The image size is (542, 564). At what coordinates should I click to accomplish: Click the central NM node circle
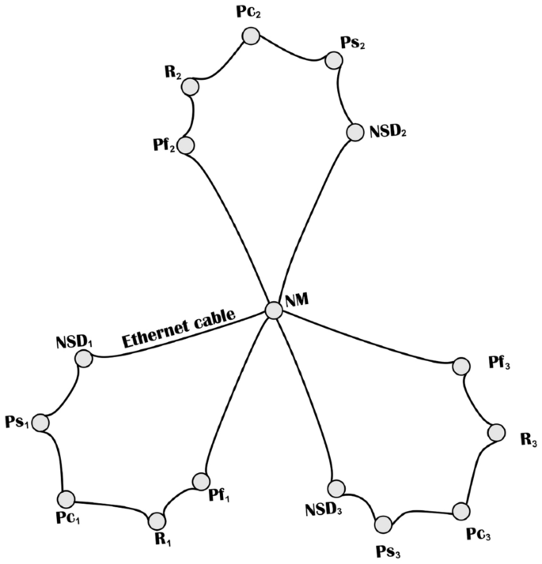(273, 310)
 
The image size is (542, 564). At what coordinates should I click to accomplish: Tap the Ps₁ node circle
(40, 423)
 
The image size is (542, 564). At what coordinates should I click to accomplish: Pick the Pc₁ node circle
(66, 498)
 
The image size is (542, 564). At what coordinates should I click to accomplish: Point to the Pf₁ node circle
(201, 481)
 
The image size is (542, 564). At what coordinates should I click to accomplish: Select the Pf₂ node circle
(186, 145)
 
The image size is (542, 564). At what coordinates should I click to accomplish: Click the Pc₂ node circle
(251, 36)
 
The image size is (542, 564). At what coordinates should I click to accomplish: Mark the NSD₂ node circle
(354, 132)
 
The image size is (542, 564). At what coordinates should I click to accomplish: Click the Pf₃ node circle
(460, 366)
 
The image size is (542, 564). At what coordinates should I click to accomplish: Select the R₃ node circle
(496, 432)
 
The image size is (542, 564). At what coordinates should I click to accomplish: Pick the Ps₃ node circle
(384, 525)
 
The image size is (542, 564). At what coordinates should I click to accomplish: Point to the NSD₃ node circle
(336, 488)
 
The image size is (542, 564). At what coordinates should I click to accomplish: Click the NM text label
(298, 301)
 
